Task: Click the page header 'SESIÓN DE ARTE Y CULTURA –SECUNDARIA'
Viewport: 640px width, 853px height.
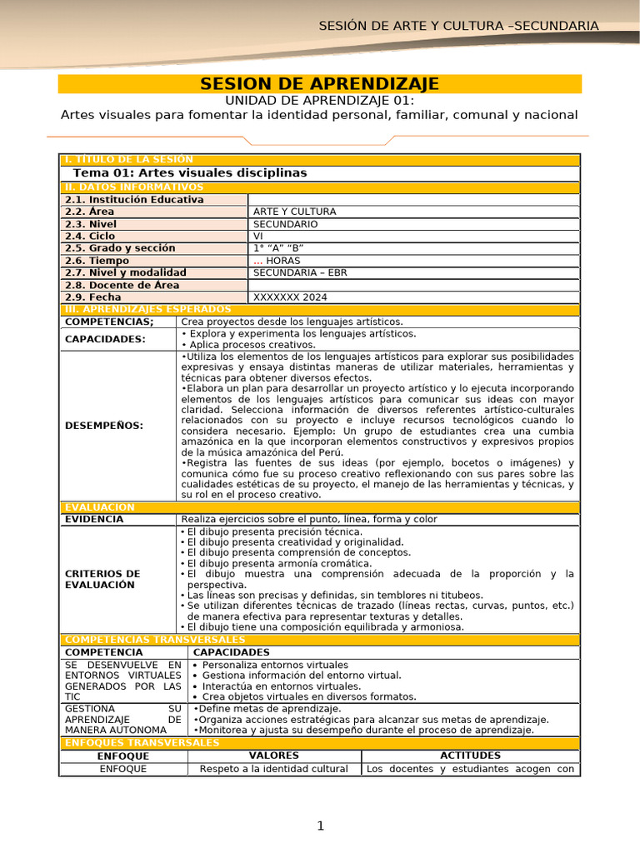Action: point(458,26)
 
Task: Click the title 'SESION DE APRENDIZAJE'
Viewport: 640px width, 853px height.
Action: point(319,84)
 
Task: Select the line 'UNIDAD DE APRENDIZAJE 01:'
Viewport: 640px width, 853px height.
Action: point(319,100)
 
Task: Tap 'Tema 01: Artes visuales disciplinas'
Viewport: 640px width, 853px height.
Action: point(190,172)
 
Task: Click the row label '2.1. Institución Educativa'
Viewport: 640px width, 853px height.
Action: point(134,200)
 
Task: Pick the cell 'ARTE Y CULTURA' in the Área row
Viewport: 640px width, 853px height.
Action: point(294,212)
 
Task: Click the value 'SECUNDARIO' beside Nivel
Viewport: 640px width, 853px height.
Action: point(285,224)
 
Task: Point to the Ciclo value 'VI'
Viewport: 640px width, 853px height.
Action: point(257,236)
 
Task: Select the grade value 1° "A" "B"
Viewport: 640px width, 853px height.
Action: point(278,248)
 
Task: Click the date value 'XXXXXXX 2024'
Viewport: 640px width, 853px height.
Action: point(290,297)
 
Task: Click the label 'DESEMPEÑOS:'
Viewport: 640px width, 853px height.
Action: point(103,426)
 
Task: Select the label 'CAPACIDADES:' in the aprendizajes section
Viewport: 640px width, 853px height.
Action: point(105,339)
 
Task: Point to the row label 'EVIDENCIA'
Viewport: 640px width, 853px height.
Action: point(94,519)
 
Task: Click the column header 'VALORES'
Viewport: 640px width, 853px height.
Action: point(274,756)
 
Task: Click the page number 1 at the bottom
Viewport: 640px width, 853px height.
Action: point(319,826)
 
